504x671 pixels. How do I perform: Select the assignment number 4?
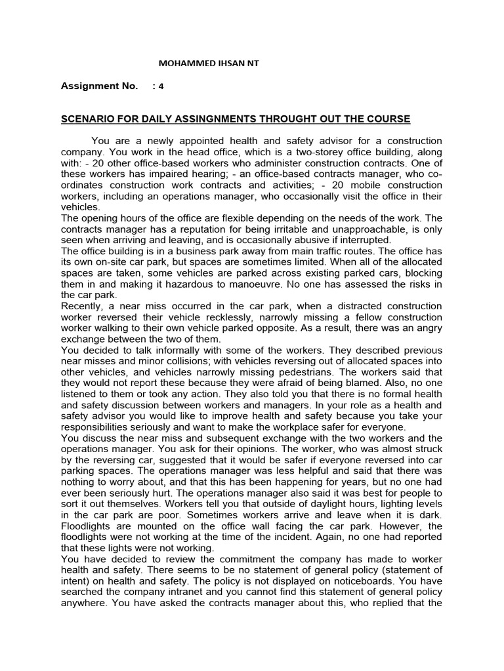click(161, 86)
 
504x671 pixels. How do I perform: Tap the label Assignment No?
click(99, 86)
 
